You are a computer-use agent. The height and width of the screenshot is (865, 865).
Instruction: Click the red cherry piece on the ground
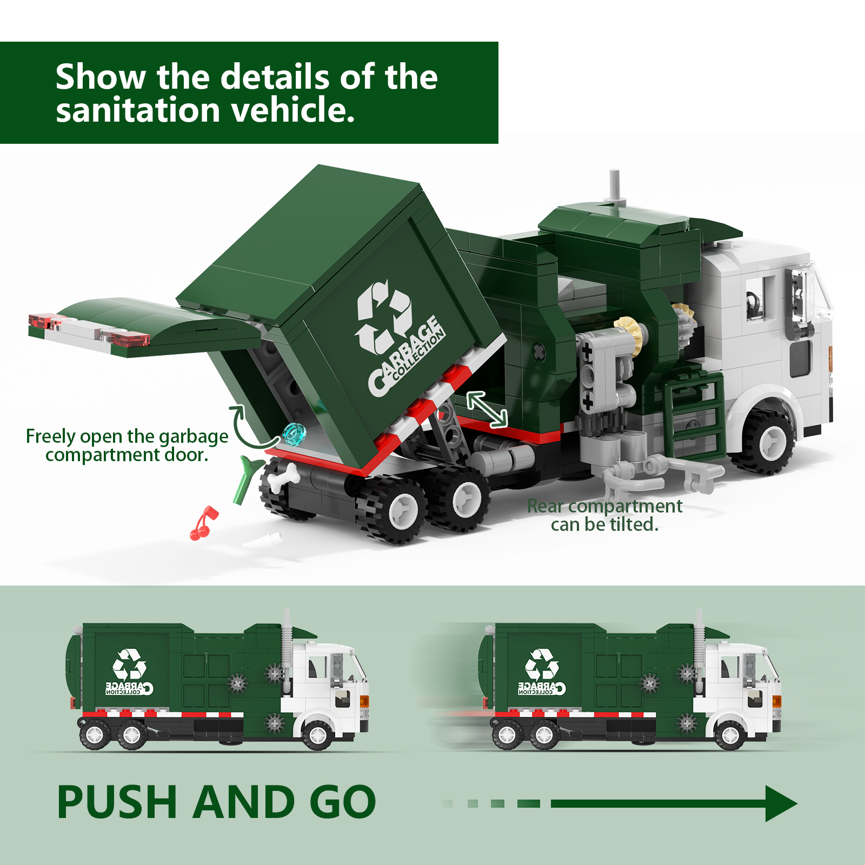(203, 523)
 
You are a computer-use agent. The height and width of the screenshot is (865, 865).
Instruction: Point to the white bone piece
(285, 477)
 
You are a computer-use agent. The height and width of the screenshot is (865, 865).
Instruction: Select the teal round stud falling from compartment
(294, 434)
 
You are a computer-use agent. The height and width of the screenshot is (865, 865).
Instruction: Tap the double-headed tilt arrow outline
(487, 409)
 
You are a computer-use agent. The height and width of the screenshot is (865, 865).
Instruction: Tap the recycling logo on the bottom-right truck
(542, 664)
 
